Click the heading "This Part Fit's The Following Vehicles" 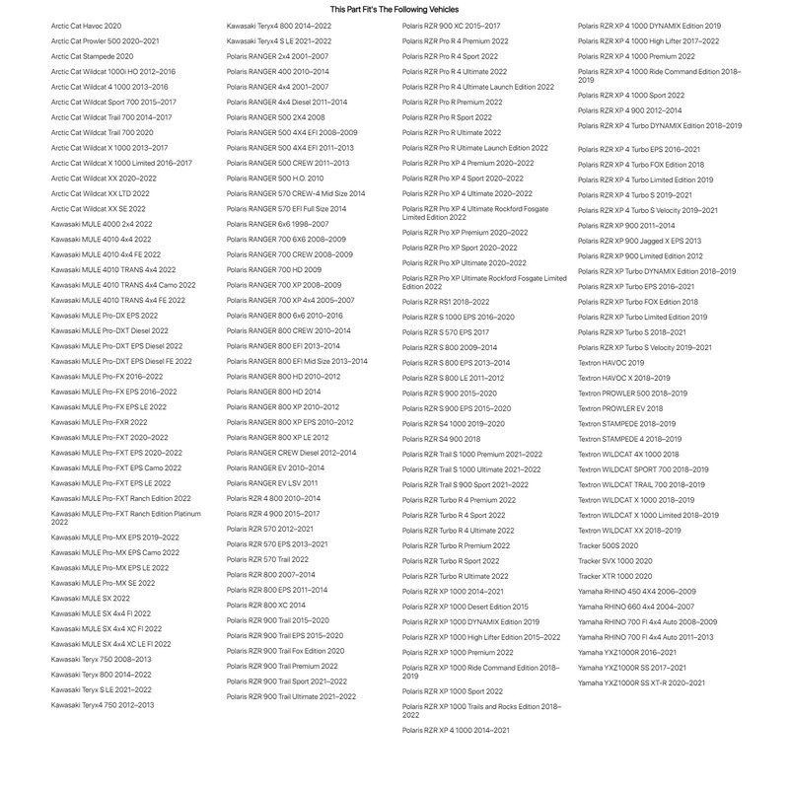[394, 9]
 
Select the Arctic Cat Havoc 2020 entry [87, 26]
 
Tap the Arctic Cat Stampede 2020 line [92, 57]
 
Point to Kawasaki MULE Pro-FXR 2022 [99, 421]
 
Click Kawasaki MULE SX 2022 [90, 598]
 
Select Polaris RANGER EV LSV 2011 [272, 483]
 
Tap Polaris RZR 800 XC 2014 [266, 605]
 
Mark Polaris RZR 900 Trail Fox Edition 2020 [285, 651]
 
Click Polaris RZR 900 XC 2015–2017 [451, 26]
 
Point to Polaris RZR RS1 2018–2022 [446, 302]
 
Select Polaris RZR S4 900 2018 [441, 439]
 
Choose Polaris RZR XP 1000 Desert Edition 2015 [466, 607]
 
